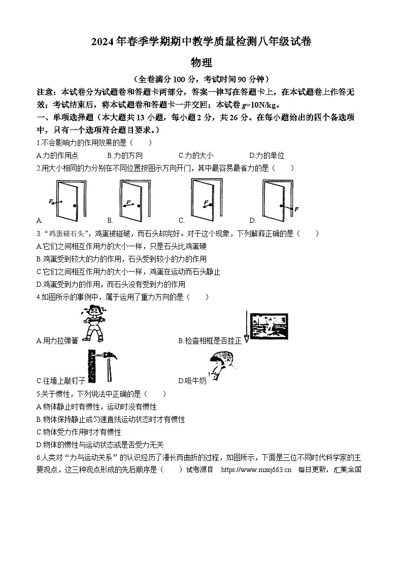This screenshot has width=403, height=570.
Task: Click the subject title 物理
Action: pos(201,63)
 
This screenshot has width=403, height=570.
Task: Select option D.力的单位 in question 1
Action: pos(266,156)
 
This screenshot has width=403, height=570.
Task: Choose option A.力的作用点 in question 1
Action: pos(57,156)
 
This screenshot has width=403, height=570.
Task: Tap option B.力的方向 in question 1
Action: pos(125,156)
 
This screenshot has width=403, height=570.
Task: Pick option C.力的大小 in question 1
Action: pos(196,156)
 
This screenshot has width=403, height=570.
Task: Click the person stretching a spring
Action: pos(93,324)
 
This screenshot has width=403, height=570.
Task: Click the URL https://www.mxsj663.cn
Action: pos(256,470)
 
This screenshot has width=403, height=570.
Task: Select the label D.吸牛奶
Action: pos(192,381)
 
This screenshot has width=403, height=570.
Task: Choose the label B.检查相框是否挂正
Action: pos(210,341)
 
